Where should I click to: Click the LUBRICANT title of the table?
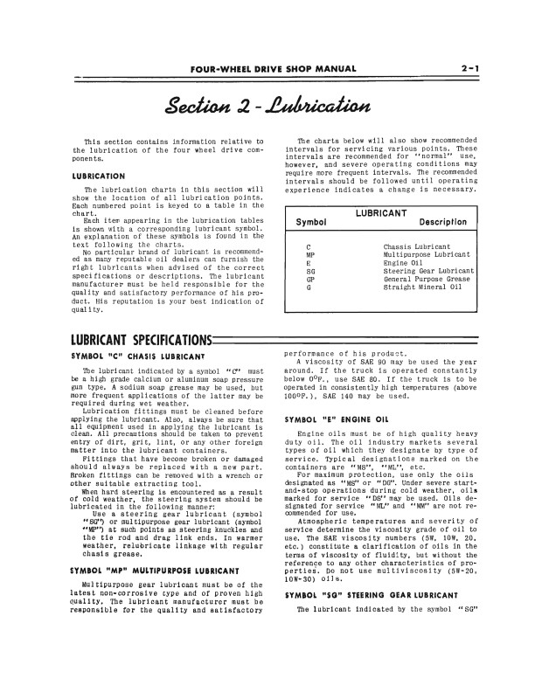381,211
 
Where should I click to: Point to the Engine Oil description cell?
405,263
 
